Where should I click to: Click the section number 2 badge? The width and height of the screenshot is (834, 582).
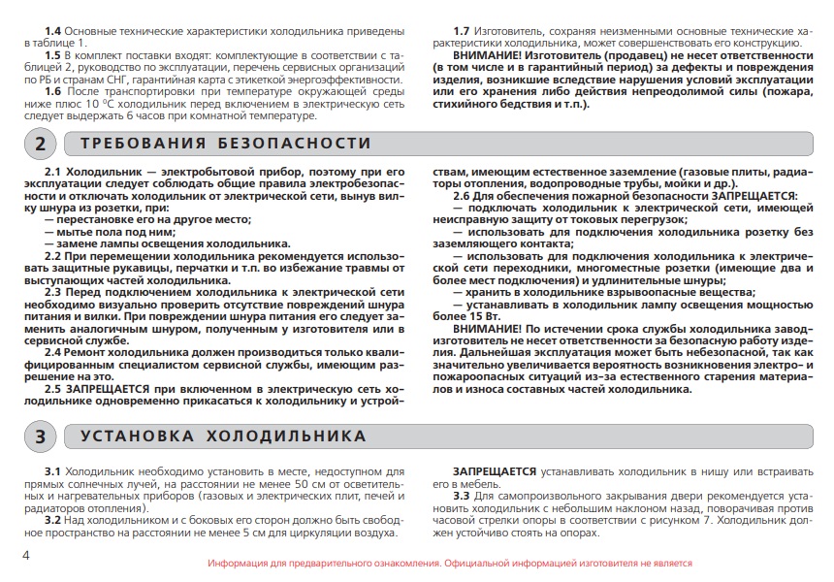pyautogui.click(x=40, y=145)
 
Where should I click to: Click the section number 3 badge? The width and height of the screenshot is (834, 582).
pyautogui.click(x=40, y=436)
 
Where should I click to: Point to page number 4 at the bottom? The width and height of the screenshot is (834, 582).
pyautogui.click(x=26, y=555)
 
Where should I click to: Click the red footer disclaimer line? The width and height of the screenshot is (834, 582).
pyautogui.click(x=450, y=563)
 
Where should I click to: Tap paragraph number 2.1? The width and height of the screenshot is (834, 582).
pyautogui.click(x=52, y=172)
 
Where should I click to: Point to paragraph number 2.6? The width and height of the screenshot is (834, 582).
pyautogui.click(x=463, y=196)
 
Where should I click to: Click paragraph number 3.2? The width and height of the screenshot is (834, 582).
pyautogui.click(x=52, y=520)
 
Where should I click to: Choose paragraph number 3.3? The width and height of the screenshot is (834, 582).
pyautogui.click(x=463, y=496)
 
